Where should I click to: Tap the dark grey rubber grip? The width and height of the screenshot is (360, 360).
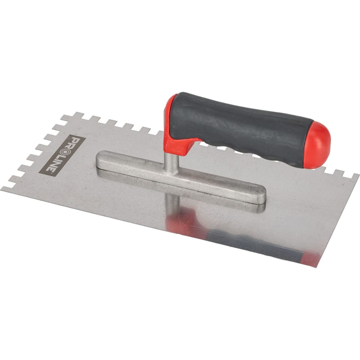click(x=241, y=129)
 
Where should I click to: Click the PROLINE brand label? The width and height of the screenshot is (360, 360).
click(x=62, y=156)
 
